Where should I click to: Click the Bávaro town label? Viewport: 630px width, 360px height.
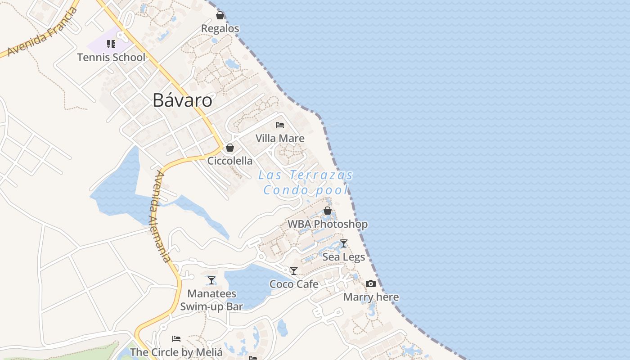(x=182, y=100)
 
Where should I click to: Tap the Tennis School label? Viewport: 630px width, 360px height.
(x=111, y=58)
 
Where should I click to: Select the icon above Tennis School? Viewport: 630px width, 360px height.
(x=111, y=44)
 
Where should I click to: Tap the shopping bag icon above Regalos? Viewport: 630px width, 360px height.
(x=220, y=16)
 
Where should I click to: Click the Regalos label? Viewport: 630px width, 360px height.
(x=220, y=28)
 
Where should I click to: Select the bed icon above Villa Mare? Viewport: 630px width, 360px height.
(x=280, y=125)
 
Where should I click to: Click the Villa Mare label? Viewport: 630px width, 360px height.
(x=280, y=138)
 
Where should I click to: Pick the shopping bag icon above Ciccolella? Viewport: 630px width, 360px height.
(x=230, y=148)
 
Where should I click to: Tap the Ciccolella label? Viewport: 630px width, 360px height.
(x=230, y=161)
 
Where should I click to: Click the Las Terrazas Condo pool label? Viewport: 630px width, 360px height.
(x=306, y=182)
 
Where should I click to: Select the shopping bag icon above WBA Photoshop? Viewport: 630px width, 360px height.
(x=328, y=211)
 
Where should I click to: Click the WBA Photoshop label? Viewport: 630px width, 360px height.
(x=328, y=224)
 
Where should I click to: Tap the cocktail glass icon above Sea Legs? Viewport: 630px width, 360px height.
(x=344, y=243)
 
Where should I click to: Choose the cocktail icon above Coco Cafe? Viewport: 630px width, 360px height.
(x=294, y=271)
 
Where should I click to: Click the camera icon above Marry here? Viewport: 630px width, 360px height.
(x=371, y=284)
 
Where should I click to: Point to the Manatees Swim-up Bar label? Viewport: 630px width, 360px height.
(x=211, y=300)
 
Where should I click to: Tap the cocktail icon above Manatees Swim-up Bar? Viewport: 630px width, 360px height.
(x=211, y=281)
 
